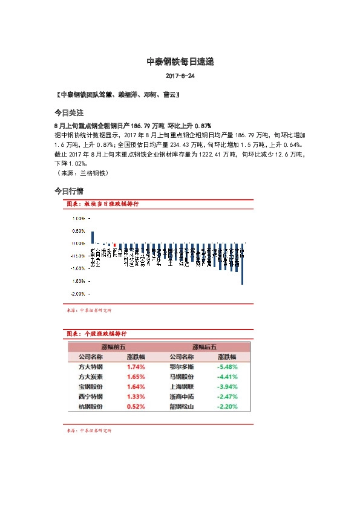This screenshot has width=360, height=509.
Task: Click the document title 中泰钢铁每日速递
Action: tap(180, 62)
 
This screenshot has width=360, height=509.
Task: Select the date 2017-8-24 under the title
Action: tap(180, 77)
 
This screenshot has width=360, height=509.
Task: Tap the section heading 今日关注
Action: tap(68, 113)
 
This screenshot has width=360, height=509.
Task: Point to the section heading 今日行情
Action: tap(68, 191)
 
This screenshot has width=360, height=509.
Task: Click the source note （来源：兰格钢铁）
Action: tap(81, 173)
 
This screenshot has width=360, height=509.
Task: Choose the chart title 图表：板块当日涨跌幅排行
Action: tap(102, 205)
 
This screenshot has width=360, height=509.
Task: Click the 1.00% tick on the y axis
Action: tap(79, 218)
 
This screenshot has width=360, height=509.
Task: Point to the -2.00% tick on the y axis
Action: tap(78, 294)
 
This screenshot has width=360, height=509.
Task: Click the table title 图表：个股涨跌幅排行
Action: tap(97, 334)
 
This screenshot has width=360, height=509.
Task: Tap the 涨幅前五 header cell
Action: tap(113, 347)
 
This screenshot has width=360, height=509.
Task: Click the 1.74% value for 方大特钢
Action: tap(136, 367)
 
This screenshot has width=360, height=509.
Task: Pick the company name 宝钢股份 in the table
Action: tap(90, 387)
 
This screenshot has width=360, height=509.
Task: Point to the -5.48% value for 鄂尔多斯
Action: tap(227, 367)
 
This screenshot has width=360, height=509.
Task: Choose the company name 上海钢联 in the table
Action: tap(182, 387)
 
